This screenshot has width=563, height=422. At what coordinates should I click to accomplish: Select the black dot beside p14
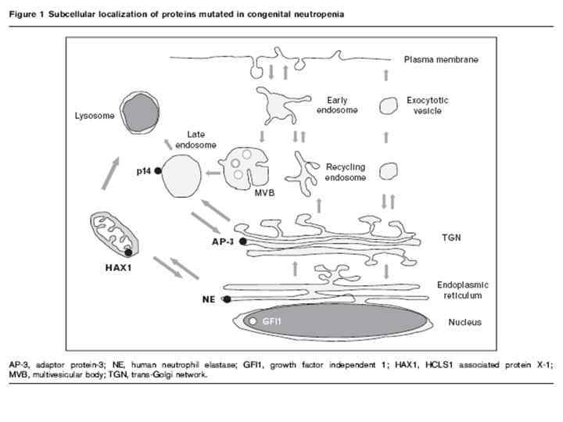pos(158,170)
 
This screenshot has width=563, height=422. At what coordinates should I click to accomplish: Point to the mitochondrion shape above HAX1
pos(115,234)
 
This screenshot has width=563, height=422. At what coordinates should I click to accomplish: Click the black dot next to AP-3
pos(243,242)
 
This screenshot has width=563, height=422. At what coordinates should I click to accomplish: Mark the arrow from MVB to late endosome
pos(212,171)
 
